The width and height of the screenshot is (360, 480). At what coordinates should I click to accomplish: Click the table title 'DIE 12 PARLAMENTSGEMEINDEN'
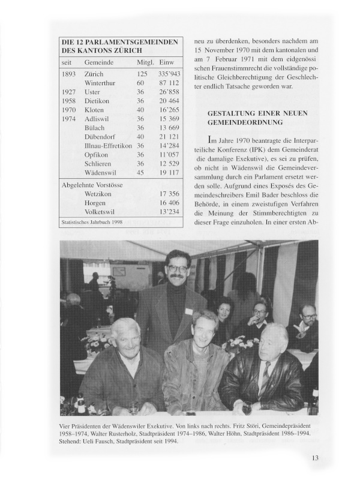click(x=119, y=42)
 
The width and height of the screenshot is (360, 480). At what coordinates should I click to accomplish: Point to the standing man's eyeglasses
click(x=179, y=268)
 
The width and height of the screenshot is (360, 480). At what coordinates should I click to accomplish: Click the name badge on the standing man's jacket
click(x=189, y=311)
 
